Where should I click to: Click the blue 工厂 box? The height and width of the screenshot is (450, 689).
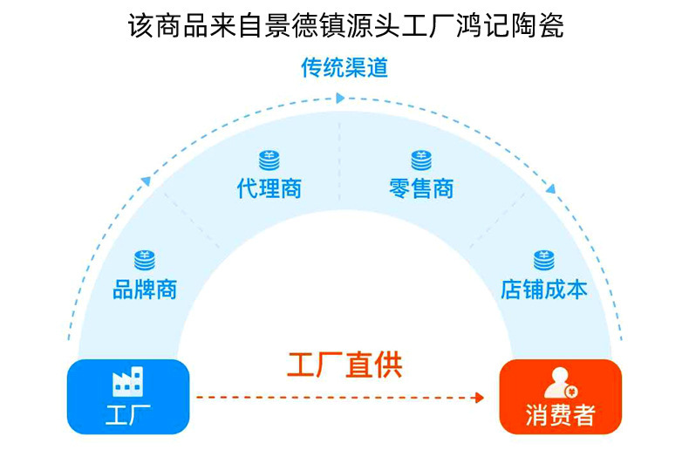[x=127, y=397]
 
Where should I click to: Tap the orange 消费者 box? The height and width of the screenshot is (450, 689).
[x=560, y=397]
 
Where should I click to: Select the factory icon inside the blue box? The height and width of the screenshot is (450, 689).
[x=127, y=382]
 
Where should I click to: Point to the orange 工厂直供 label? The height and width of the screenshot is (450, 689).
[x=344, y=364]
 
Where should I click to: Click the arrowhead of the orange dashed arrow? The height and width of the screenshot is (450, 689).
[x=478, y=398]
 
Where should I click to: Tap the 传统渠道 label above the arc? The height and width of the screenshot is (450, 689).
[x=344, y=68]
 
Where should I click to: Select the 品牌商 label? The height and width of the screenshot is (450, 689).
[x=145, y=289]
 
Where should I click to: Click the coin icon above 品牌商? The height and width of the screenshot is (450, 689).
[x=144, y=259]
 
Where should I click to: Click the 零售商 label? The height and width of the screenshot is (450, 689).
[x=421, y=188]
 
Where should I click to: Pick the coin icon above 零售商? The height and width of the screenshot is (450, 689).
[x=421, y=160]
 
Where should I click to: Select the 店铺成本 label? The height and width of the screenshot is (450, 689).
[x=544, y=289]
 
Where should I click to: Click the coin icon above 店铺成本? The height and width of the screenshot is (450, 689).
[x=544, y=259]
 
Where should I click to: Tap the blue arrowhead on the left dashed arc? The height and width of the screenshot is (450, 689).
[x=146, y=181]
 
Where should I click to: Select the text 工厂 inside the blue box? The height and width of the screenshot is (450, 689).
[x=127, y=415]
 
